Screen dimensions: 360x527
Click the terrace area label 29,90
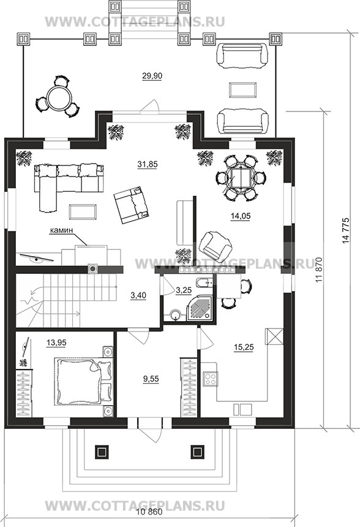pos(152,76)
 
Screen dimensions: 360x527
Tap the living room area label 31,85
pos(148,164)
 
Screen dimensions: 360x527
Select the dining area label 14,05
pos(241,216)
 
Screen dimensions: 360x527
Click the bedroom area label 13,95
pos(56,343)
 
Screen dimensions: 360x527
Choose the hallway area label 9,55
pos(151,379)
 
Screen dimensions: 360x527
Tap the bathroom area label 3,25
pos(184,290)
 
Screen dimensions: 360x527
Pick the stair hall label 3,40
pos(138,295)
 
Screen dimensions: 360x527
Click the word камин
pos(61,230)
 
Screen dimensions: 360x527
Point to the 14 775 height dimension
pos(347,230)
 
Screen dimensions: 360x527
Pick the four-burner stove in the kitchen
pos(211,379)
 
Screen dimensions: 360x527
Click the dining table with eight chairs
pos(241,177)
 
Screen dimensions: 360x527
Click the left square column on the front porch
pos(102,452)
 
